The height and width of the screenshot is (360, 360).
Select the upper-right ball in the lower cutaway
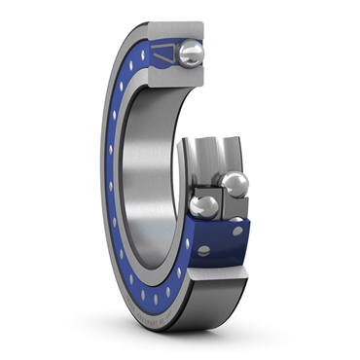(x=234, y=182)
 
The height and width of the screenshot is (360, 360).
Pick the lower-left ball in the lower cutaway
(x=204, y=206)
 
